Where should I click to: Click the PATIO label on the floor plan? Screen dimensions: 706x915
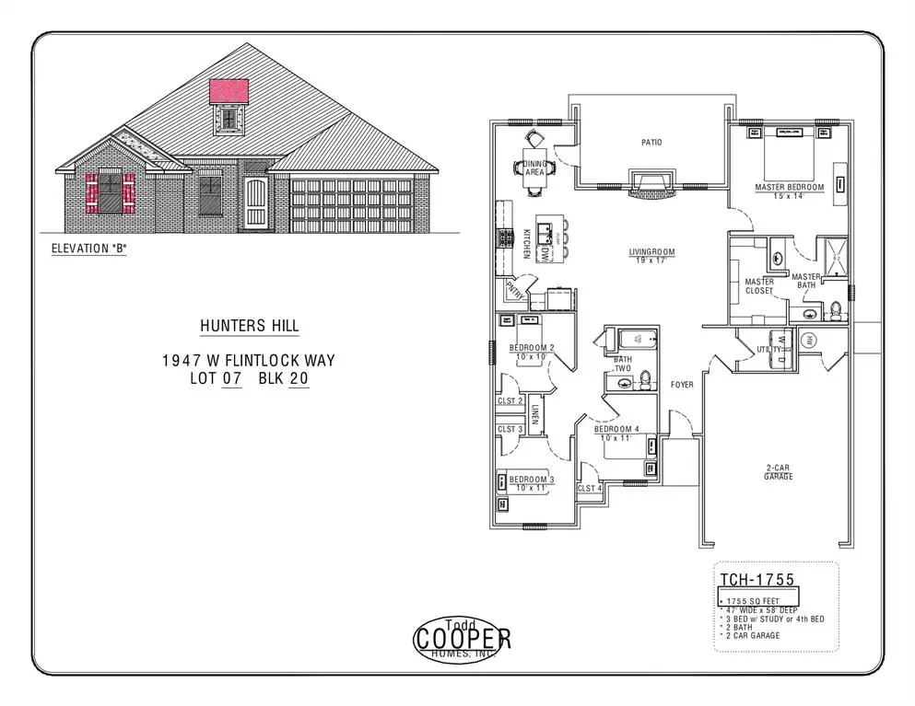click(651, 143)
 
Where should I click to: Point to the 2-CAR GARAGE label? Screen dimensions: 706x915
click(779, 472)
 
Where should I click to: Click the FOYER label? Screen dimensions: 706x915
click(682, 385)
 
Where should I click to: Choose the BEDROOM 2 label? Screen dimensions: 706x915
click(532, 348)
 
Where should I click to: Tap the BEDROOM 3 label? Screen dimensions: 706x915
click(532, 480)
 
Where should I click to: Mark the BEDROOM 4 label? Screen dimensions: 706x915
click(616, 430)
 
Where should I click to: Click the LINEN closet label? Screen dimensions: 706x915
click(535, 414)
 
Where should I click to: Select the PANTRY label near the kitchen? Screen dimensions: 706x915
click(514, 293)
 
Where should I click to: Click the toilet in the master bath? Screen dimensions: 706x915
click(835, 311)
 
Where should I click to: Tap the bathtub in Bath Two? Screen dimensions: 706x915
click(635, 339)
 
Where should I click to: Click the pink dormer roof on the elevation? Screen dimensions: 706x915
click(229, 90)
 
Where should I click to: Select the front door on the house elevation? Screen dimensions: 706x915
click(256, 205)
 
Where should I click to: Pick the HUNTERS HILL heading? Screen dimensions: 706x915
click(249, 326)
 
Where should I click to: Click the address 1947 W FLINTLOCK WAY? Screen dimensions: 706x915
click(249, 361)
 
